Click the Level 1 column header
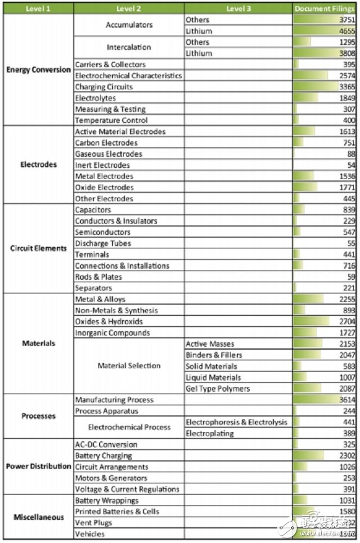point(38,8)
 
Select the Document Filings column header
point(324,8)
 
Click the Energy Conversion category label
point(38,70)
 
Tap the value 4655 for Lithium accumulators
point(347,31)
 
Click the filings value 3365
point(347,87)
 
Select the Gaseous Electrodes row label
point(109,153)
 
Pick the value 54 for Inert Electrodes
point(350,165)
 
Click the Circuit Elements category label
point(38,248)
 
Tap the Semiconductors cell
point(103,232)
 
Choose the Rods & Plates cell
point(99,277)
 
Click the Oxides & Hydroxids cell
point(109,322)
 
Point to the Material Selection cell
point(129,365)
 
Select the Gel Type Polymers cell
point(218,388)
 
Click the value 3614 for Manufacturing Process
point(347,400)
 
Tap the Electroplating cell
point(208,433)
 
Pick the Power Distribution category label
point(38,467)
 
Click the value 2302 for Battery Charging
point(347,455)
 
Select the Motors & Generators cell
point(111,478)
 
